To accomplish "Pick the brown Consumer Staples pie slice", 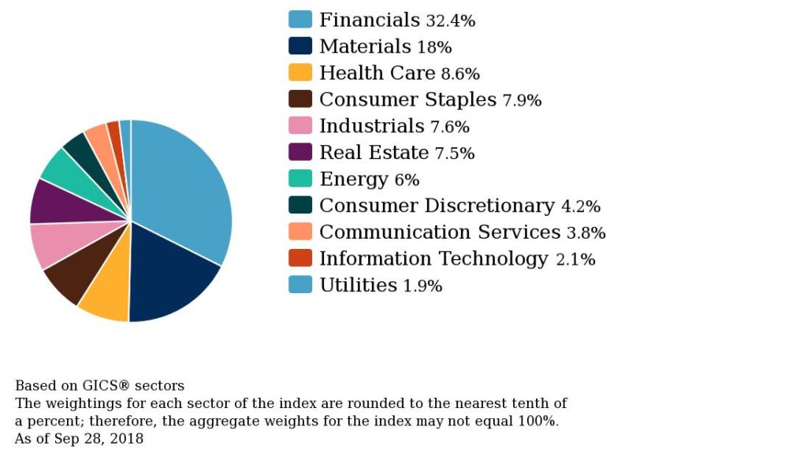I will pos(73,273).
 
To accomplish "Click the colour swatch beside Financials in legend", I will pos(300,20).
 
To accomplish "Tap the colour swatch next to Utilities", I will pos(300,284).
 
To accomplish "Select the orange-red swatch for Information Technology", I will pos(300,258).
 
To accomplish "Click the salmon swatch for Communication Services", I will pos(300,232).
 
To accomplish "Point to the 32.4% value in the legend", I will pos(450,21).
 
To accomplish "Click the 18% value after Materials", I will pos(434,48).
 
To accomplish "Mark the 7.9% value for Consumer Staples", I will pos(522,101).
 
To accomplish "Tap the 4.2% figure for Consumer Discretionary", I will pos(580,207).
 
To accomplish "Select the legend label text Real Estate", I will pos(374,153).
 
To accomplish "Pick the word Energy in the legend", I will pos(354,180).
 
